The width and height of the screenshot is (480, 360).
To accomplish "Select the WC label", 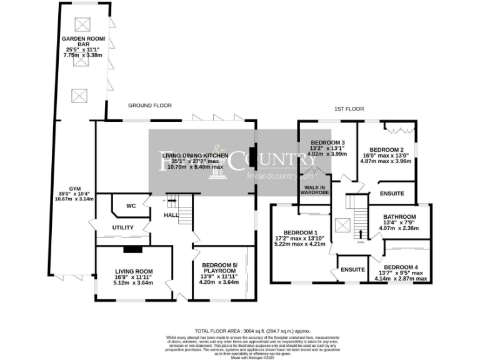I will coord(131,206).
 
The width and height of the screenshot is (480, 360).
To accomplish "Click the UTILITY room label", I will coord(123,228).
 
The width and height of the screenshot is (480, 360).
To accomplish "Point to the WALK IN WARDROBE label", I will coord(316,190).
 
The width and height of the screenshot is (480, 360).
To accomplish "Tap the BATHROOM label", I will coord(399,217).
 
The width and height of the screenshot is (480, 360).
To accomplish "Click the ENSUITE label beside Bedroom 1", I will coord(353,269).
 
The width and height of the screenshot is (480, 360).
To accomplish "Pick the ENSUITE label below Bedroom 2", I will coord(392,194).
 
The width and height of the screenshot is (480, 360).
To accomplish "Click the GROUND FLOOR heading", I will coord(150,106).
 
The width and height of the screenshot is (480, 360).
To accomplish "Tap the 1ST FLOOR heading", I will coord(349,109).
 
